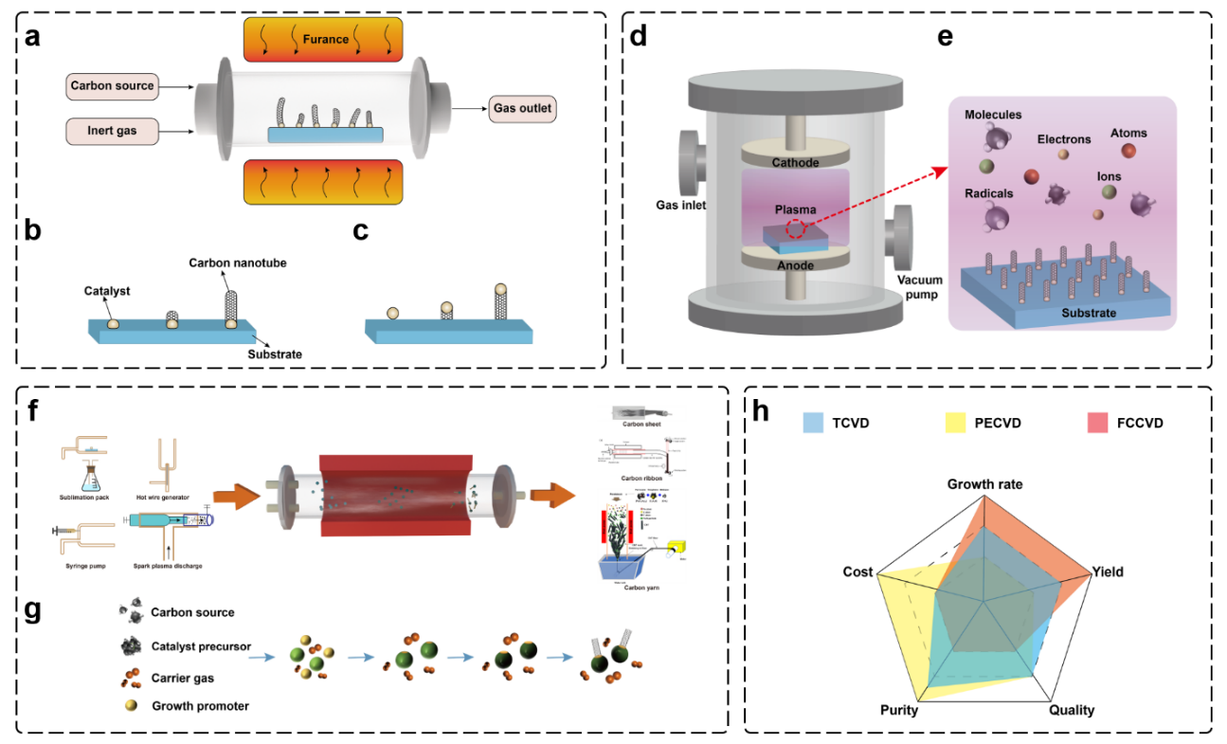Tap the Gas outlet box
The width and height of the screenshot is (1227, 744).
point(522,108)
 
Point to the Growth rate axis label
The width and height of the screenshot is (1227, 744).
point(985,484)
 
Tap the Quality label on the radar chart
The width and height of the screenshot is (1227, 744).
point(1072,710)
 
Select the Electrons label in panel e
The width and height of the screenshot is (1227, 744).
point(1063,138)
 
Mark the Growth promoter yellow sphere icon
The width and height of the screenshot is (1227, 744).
point(131,706)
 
